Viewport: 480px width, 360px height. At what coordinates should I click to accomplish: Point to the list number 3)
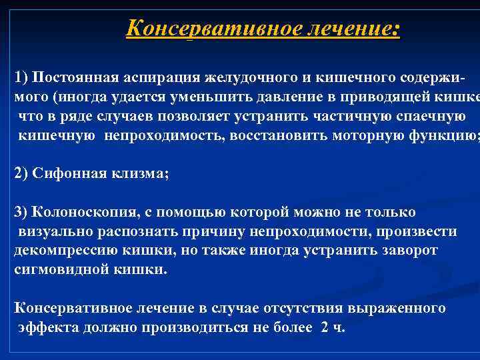[21, 212]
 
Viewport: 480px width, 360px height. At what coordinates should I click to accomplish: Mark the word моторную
[351, 135]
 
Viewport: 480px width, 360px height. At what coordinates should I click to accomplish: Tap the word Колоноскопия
[83, 212]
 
